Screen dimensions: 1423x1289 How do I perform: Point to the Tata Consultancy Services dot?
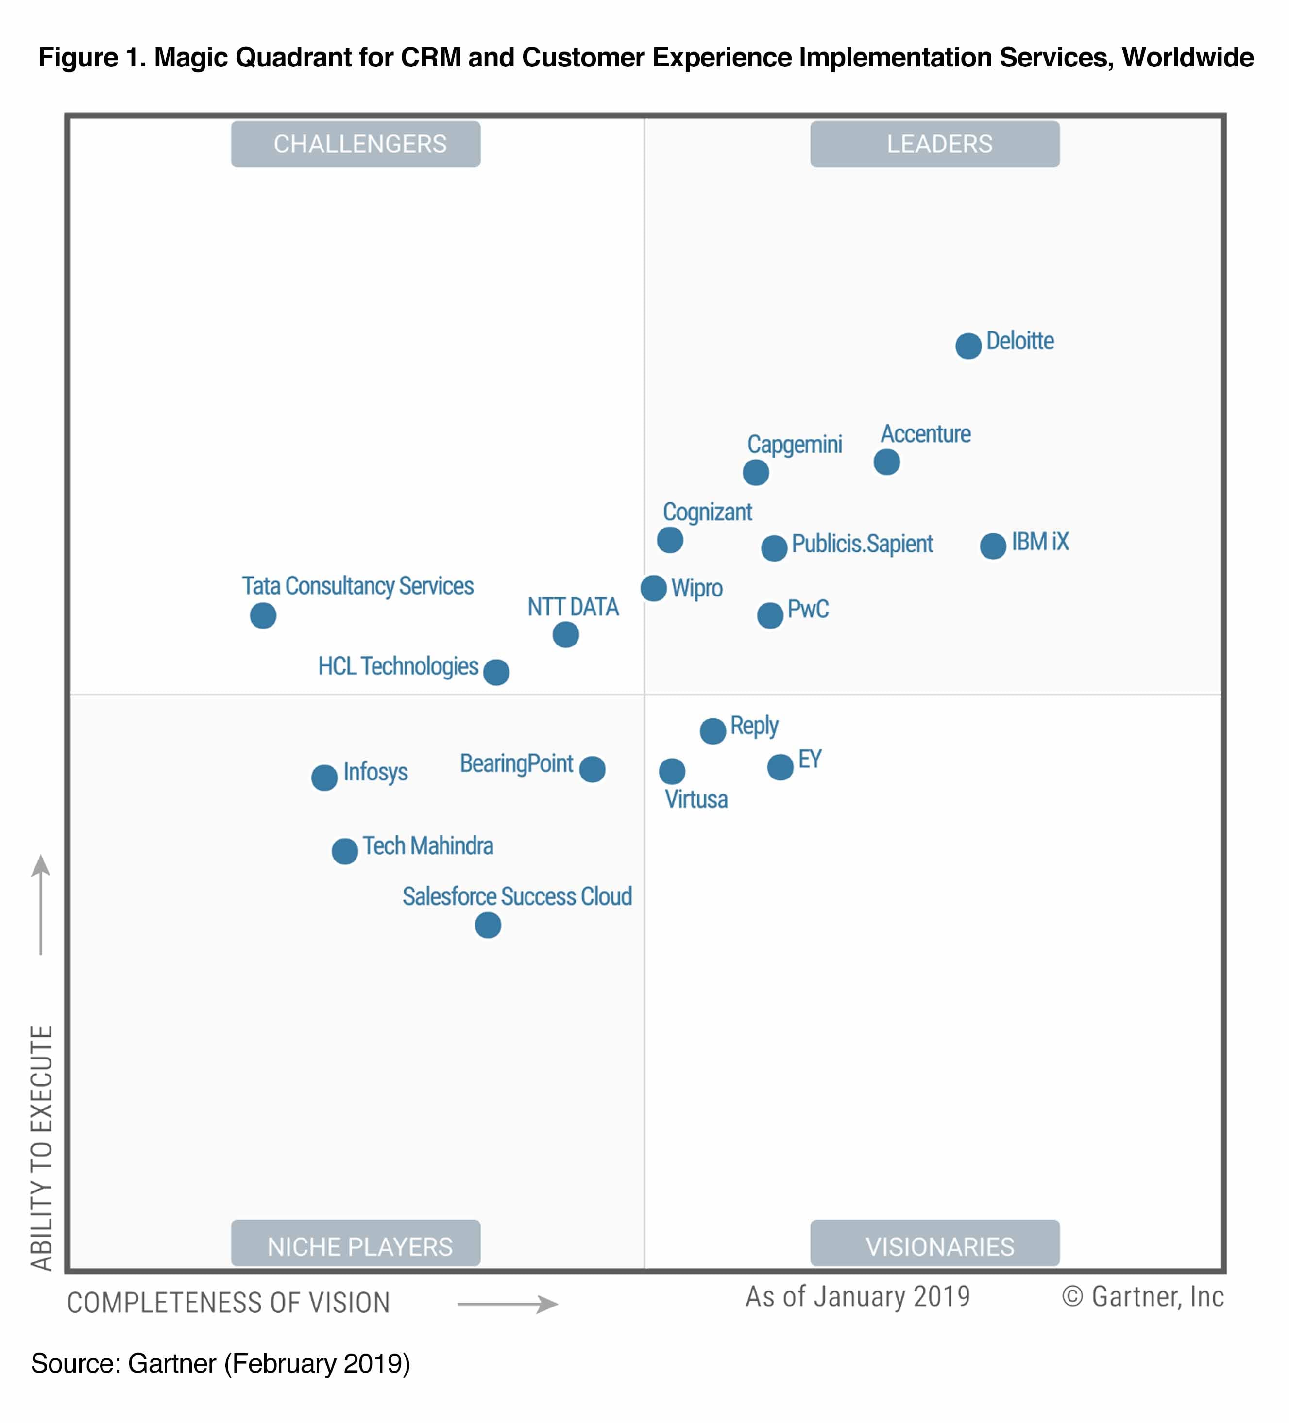[263, 615]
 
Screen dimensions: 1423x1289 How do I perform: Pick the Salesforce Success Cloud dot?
[487, 925]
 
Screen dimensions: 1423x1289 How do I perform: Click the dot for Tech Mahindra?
[345, 851]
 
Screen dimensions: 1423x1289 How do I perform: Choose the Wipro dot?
[653, 588]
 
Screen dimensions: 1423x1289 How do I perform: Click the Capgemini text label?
[795, 445]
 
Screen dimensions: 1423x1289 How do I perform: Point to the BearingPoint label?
[516, 764]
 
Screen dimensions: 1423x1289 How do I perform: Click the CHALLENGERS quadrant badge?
[356, 144]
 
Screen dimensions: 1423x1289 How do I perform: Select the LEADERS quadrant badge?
[934, 144]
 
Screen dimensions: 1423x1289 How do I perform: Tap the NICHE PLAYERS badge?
[356, 1246]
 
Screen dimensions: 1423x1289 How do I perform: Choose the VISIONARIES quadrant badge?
[934, 1246]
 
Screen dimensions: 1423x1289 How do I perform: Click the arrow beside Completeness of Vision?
[507, 1304]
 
